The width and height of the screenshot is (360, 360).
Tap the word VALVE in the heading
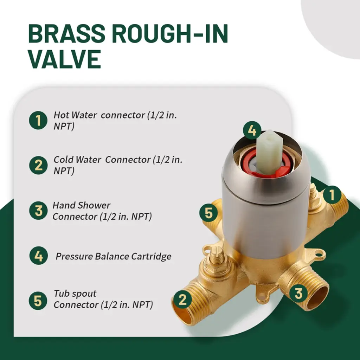coord(65,59)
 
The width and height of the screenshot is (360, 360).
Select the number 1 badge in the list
coord(38,120)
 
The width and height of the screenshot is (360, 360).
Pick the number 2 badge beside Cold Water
coord(38,165)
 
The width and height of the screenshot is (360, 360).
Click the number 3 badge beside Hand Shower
coord(38,211)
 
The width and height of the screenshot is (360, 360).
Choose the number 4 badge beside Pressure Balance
coord(39,256)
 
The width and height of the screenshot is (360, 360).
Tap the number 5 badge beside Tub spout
coord(38,301)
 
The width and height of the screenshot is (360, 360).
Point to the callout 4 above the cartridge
coord(252,130)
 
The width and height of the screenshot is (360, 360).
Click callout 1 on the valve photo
coord(332,195)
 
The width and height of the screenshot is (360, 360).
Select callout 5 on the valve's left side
coord(208,213)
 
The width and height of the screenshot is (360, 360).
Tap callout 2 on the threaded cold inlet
coord(182,300)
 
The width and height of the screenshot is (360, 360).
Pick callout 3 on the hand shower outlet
coord(298,293)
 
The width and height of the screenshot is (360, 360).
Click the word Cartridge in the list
coord(151,256)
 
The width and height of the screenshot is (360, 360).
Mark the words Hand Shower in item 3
coord(82,205)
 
